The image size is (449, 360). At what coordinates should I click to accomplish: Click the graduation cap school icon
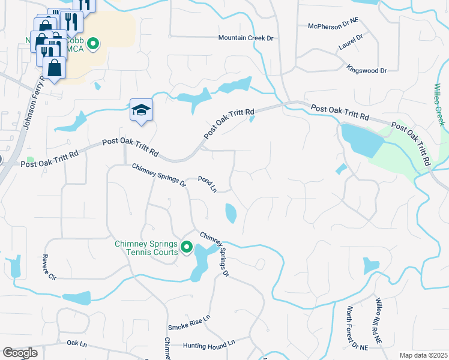point(141,110)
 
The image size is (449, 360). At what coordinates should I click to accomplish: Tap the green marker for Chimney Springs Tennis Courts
point(187,247)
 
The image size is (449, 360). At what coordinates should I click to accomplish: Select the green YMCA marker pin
point(93,43)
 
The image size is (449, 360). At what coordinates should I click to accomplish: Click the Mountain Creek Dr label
point(246,38)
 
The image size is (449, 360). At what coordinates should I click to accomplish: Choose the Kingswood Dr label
point(367,70)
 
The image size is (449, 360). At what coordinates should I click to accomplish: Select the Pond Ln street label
point(208,184)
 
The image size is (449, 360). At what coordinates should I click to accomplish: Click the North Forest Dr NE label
point(352,328)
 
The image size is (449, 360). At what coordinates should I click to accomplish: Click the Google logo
point(20,353)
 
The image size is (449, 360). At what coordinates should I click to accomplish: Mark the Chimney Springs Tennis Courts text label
point(146,248)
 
